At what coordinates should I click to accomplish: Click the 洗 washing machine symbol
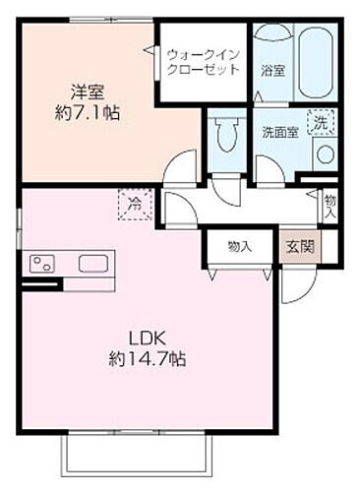321,123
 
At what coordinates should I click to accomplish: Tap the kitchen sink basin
93,264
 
